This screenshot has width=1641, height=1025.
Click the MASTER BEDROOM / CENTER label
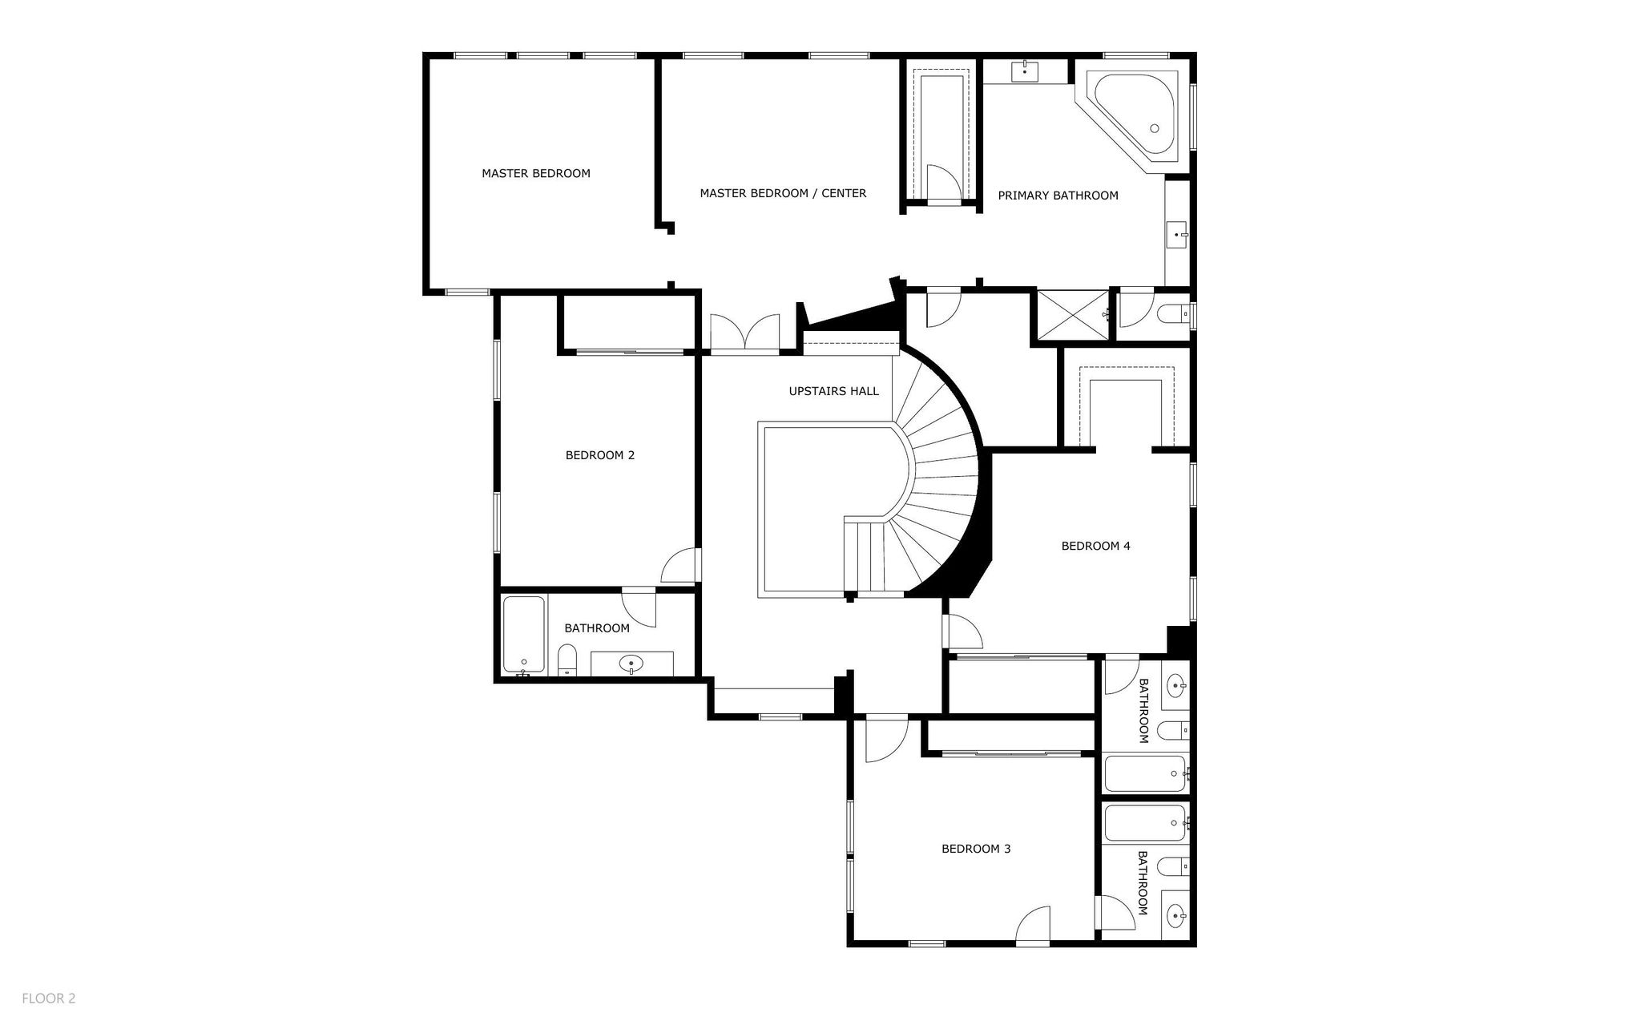click(x=783, y=193)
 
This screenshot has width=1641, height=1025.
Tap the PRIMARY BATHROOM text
click(x=1058, y=196)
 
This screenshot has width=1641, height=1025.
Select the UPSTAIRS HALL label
click(x=833, y=391)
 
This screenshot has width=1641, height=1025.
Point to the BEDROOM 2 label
click(x=600, y=455)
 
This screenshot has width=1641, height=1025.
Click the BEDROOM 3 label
click(x=976, y=849)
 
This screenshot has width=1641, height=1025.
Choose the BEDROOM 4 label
click(x=1095, y=546)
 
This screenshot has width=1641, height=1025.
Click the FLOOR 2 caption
click(x=49, y=999)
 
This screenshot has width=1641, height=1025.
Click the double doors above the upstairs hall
click(x=745, y=333)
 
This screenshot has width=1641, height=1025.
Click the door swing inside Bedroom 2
click(x=679, y=564)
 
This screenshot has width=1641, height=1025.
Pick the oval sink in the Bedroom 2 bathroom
click(x=632, y=664)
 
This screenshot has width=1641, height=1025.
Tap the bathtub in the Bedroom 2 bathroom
click(x=523, y=636)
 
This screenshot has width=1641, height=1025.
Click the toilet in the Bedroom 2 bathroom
click(x=567, y=660)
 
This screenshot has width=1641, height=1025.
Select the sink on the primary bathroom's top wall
click(x=1025, y=71)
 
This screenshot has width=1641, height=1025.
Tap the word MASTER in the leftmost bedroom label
click(x=505, y=173)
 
